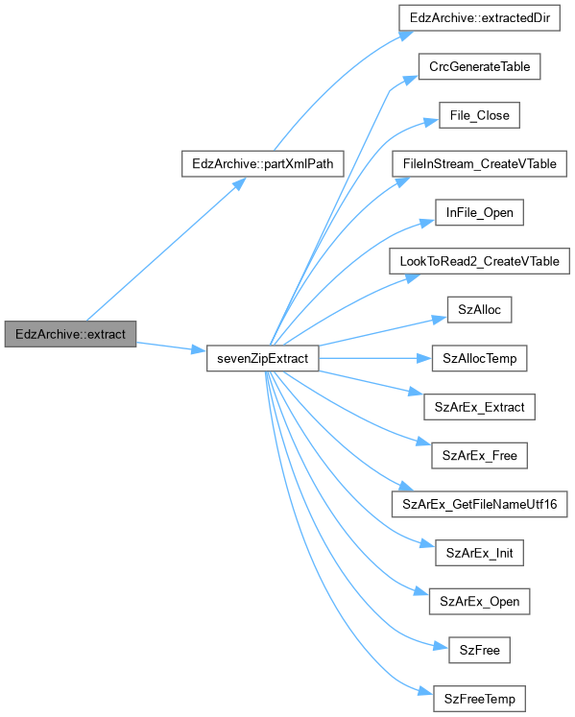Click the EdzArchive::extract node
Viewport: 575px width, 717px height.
coord(70,334)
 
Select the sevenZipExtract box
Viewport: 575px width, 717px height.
coord(263,358)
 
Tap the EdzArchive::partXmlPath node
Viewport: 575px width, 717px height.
coord(263,164)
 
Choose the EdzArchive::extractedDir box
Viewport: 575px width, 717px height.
coord(479,18)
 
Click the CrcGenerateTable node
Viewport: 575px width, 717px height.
coord(479,66)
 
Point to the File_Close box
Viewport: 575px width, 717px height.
coord(479,115)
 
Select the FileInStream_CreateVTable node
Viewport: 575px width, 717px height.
coord(479,164)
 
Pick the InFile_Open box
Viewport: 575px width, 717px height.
coord(479,212)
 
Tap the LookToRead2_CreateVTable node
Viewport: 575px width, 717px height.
coord(479,261)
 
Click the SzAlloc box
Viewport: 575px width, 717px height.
coord(479,310)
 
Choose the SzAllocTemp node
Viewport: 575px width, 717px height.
coord(479,358)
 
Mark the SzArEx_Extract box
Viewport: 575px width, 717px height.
coord(479,407)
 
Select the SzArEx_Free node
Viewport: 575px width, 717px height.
coord(479,455)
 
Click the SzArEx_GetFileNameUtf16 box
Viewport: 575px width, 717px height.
coord(479,504)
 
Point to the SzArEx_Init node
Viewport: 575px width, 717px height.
coord(479,553)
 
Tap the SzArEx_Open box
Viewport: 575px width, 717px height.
coord(479,601)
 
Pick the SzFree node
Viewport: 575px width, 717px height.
coord(479,650)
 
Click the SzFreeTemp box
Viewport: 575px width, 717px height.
coord(479,699)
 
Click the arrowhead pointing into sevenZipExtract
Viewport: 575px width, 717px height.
coord(200,350)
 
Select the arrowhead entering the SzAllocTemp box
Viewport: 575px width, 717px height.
coord(424,359)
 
